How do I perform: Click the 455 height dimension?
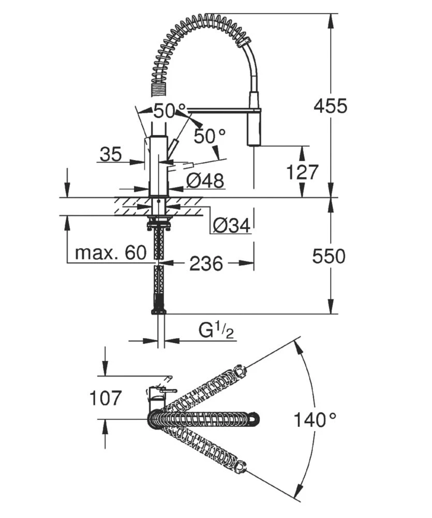331,106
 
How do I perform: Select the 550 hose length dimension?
329,255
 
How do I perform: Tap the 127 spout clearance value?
303,172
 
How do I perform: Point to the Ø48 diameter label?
205,181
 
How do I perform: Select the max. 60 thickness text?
111,253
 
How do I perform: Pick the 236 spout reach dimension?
206,264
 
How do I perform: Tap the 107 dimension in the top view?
106,398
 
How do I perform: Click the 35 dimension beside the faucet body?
110,154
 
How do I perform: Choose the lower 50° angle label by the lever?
210,136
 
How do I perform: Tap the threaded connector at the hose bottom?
158,310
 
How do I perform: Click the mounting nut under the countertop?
158,225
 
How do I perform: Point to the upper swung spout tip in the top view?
240,370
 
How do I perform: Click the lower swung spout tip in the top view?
240,468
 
